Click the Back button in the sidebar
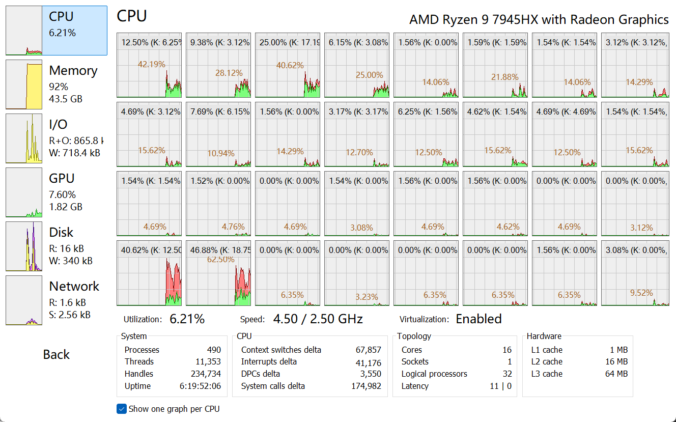(56, 355)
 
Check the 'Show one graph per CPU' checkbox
(122, 409)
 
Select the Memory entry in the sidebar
(73, 71)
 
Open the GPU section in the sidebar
(62, 179)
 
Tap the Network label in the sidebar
(74, 287)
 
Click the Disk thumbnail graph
(24, 246)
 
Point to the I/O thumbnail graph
(24, 138)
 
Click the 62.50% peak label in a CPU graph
(220, 259)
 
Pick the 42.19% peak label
(151, 64)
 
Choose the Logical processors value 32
(507, 374)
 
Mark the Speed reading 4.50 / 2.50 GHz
(318, 319)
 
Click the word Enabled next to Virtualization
(478, 319)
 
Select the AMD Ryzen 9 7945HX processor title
(539, 20)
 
